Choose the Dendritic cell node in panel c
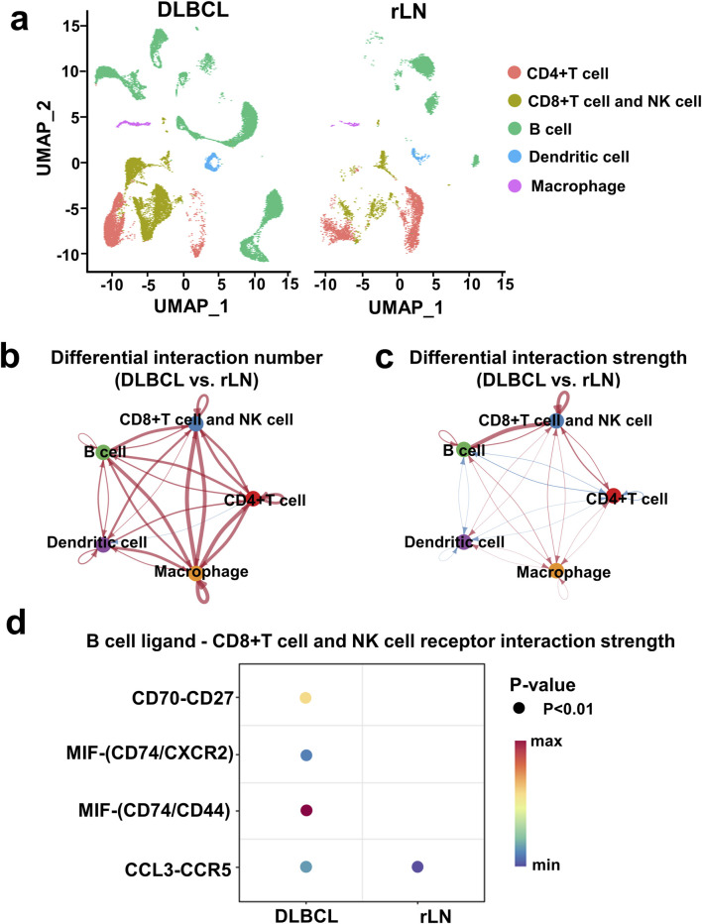point(464,541)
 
